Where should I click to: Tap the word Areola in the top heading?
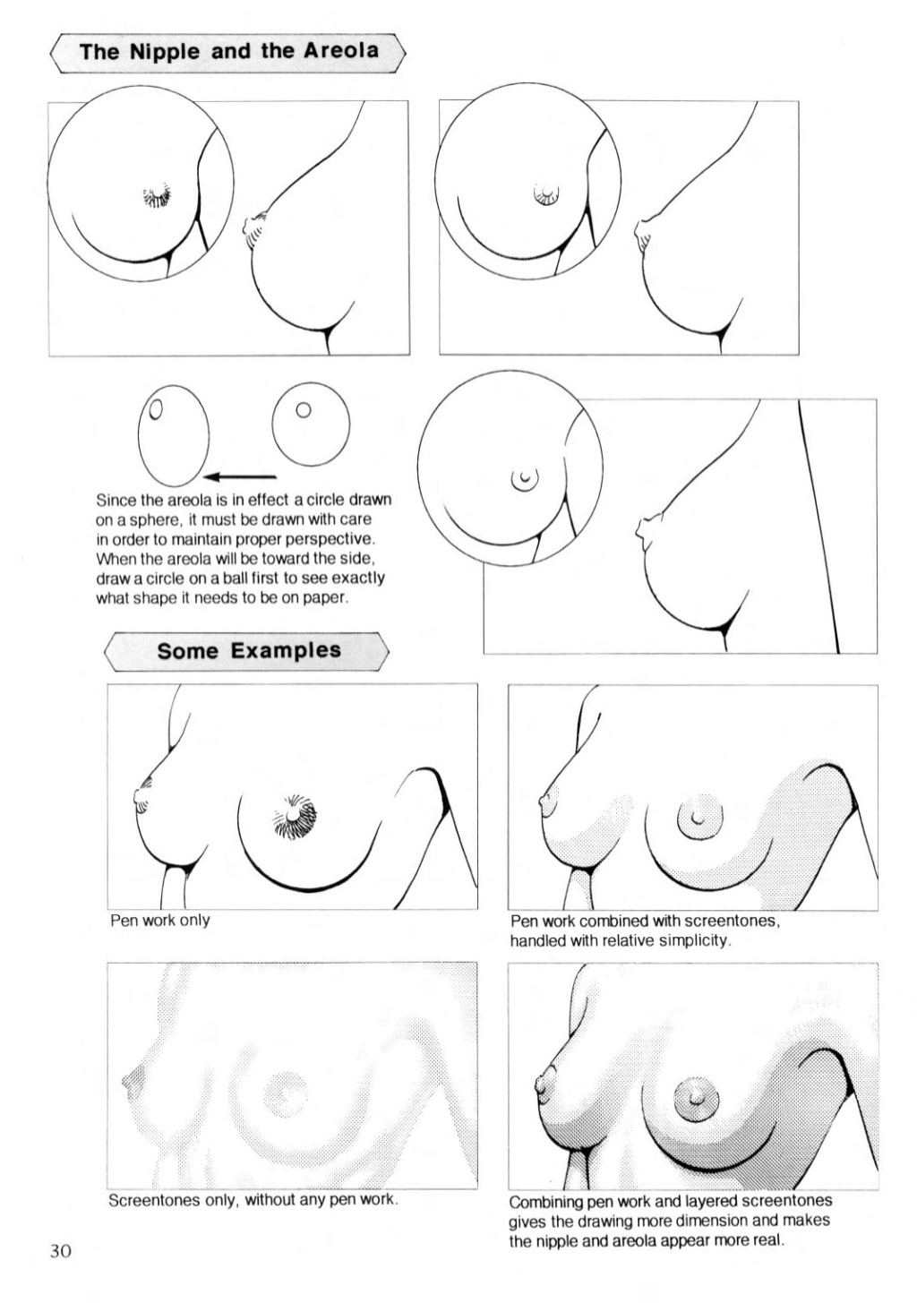click(340, 51)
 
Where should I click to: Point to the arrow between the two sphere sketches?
click(240, 476)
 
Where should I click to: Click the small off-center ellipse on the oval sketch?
click(156, 409)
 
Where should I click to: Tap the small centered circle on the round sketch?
click(304, 410)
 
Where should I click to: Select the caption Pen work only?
click(159, 920)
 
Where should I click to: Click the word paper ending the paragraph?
click(324, 597)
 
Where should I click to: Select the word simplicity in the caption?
click(694, 940)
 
